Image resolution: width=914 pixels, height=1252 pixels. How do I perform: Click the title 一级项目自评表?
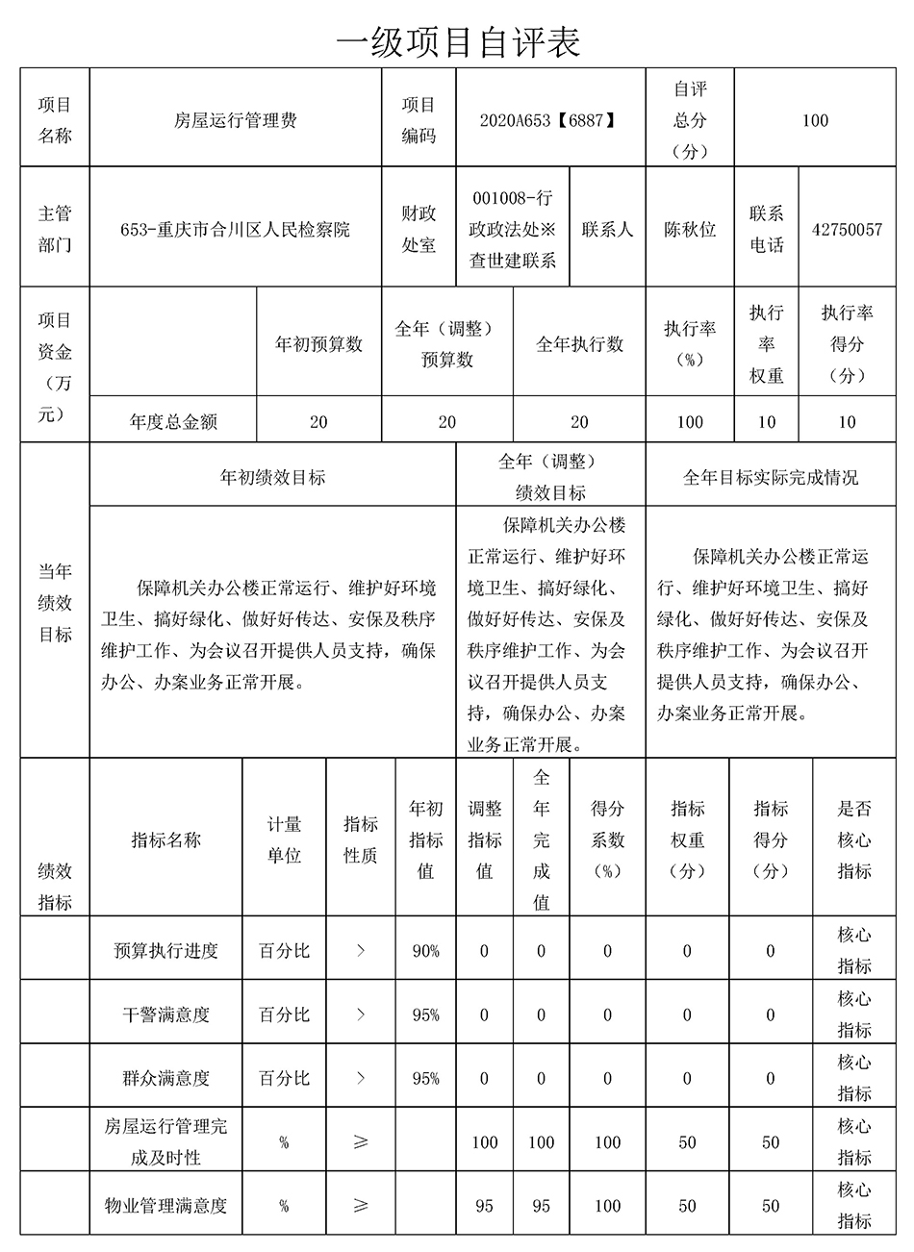pos(458,40)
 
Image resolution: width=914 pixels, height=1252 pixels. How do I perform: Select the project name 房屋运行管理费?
pos(236,120)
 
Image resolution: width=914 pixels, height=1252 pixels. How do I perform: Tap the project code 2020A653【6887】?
pos(546,120)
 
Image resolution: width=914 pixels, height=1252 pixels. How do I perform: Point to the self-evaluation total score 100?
pos(815,120)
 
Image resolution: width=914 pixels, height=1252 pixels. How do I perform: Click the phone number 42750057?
pos(847,230)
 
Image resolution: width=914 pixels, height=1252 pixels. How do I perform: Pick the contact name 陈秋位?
pos(690,230)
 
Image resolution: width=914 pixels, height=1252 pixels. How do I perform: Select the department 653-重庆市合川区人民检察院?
pos(236,230)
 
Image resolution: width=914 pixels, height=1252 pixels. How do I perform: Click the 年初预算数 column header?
pos(318,344)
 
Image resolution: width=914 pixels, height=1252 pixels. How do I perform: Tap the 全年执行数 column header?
pos(579,344)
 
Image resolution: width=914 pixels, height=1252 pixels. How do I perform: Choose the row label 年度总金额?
pos(173,421)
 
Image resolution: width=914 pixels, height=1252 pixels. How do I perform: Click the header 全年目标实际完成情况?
pos(771,477)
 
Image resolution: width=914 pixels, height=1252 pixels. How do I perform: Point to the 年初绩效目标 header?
pos(273,477)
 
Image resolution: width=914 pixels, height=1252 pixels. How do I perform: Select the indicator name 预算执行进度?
pos(165,950)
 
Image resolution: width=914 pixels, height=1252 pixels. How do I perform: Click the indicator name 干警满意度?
pos(165,1014)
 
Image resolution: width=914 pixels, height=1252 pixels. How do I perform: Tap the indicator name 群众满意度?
pos(165,1078)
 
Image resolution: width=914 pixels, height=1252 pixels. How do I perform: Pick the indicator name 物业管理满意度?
pos(165,1205)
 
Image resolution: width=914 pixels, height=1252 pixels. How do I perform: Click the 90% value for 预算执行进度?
pos(425,950)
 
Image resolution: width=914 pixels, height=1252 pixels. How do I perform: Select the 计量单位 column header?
pos(284,839)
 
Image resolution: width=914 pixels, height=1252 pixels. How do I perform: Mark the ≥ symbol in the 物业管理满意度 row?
pos(361,1205)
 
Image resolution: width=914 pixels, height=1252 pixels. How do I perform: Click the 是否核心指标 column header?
pos(853,839)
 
